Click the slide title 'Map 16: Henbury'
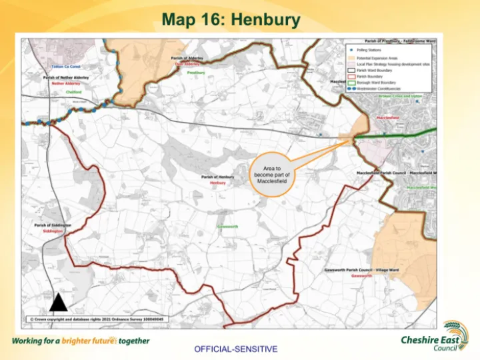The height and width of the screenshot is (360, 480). pyautogui.click(x=231, y=20)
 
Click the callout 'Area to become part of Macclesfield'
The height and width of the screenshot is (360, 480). pyautogui.click(x=271, y=175)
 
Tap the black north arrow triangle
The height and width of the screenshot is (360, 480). pyautogui.click(x=59, y=303)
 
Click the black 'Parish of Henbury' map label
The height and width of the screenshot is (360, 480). pyautogui.click(x=217, y=177)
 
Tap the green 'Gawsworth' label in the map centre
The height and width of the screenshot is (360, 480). pyautogui.click(x=227, y=226)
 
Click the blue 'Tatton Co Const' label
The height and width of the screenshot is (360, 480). pyautogui.click(x=66, y=67)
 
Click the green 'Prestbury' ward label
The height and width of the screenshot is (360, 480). pyautogui.click(x=195, y=72)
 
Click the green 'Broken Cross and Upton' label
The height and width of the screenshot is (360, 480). pyautogui.click(x=400, y=96)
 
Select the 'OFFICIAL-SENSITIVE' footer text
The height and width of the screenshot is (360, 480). pyautogui.click(x=236, y=349)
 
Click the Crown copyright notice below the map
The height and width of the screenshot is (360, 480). pyautogui.click(x=97, y=319)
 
